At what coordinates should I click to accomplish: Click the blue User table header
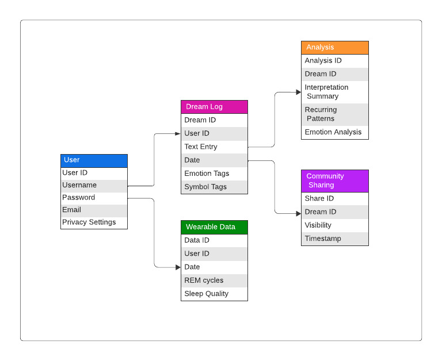click(94, 160)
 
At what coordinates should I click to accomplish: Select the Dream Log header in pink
click(214, 107)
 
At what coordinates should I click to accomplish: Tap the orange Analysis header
click(334, 48)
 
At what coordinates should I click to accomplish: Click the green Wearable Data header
click(214, 227)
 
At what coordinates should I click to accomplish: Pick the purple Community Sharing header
click(334, 180)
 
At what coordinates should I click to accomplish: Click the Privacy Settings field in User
click(94, 222)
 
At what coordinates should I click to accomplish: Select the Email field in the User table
click(94, 210)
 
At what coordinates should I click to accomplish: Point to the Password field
click(94, 198)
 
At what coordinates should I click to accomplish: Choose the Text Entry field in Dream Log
click(214, 147)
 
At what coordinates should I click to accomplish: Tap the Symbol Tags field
click(214, 187)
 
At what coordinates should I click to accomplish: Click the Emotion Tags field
click(214, 174)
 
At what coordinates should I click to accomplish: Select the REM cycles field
click(214, 281)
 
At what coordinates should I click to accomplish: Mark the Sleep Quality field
click(214, 294)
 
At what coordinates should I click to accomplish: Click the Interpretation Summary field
click(334, 92)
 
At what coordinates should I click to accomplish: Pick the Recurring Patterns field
click(334, 114)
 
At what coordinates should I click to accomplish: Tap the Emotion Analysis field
click(334, 132)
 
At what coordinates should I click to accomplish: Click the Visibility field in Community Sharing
click(334, 225)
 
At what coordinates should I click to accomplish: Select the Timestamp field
click(334, 239)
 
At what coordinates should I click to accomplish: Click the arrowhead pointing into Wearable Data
click(178, 267)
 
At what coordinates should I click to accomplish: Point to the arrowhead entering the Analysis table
click(298, 92)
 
